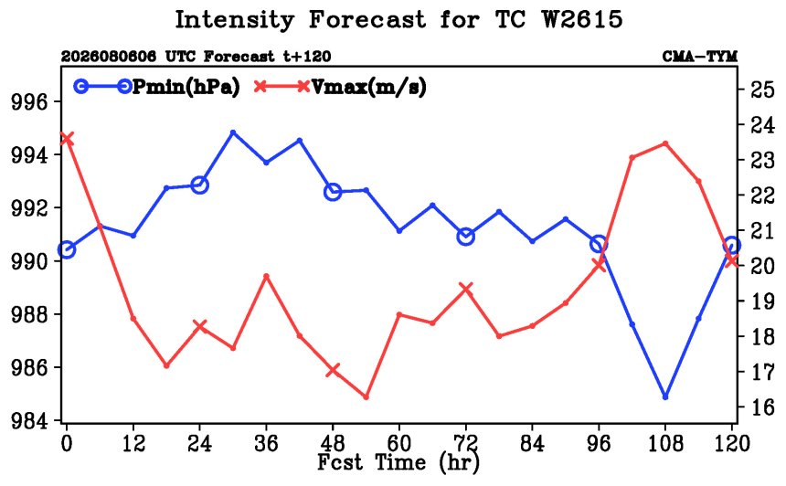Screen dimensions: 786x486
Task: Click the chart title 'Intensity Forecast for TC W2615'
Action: click(x=398, y=20)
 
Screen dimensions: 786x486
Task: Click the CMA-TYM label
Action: click(x=700, y=57)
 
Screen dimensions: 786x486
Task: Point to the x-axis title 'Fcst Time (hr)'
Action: click(x=398, y=462)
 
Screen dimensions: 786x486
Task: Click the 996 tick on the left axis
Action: click(x=31, y=102)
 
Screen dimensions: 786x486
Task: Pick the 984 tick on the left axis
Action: click(x=31, y=420)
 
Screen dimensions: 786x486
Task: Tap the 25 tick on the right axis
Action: click(x=762, y=90)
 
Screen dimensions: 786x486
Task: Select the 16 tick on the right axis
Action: click(x=762, y=407)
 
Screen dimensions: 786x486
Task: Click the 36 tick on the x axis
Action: click(x=266, y=443)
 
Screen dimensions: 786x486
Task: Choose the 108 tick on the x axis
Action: click(x=665, y=443)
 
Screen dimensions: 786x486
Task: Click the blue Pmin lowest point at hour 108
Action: click(x=665, y=396)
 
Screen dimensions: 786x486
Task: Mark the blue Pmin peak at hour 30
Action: click(x=233, y=132)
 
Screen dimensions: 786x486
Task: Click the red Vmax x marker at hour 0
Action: click(x=67, y=139)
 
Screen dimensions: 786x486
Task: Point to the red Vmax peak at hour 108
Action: click(x=665, y=143)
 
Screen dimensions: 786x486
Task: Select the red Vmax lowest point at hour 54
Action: click(x=366, y=396)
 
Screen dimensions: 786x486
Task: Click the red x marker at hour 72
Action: click(x=466, y=289)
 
